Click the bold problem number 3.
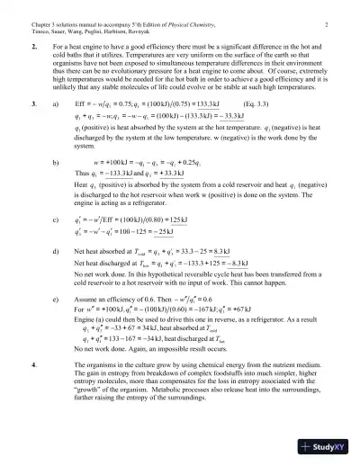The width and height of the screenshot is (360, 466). (33, 104)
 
